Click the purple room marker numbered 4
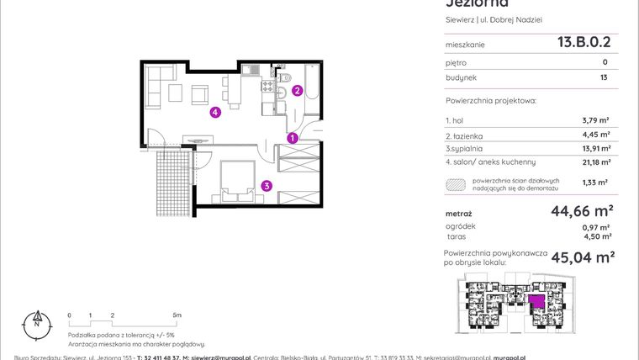point(216,113)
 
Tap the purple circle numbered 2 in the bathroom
point(297,92)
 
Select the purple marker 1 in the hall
point(292,138)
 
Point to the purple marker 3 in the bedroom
point(266,186)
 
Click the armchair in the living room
point(201,94)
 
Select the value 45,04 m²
point(582,257)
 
